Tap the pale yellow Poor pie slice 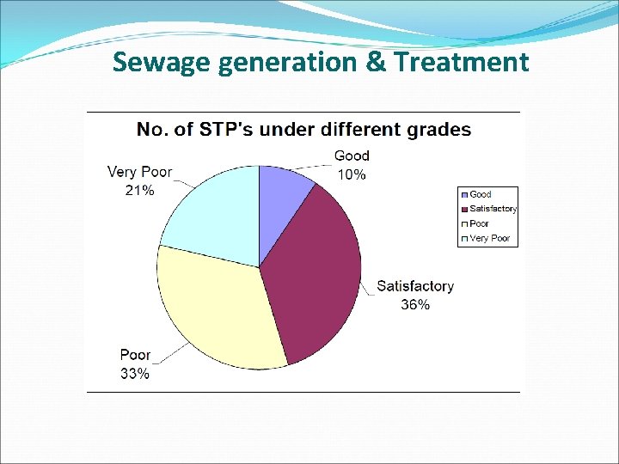point(215,309)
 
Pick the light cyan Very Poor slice point(215,211)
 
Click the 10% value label point(351,174)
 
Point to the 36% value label point(415,305)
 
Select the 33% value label point(135,374)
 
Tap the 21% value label point(139,191)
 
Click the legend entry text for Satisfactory point(493,209)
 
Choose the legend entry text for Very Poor point(489,238)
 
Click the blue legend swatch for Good point(464,195)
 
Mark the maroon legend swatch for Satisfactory point(464,209)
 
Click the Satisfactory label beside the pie point(415,286)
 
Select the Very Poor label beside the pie point(139,172)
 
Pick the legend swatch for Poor point(464,223)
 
